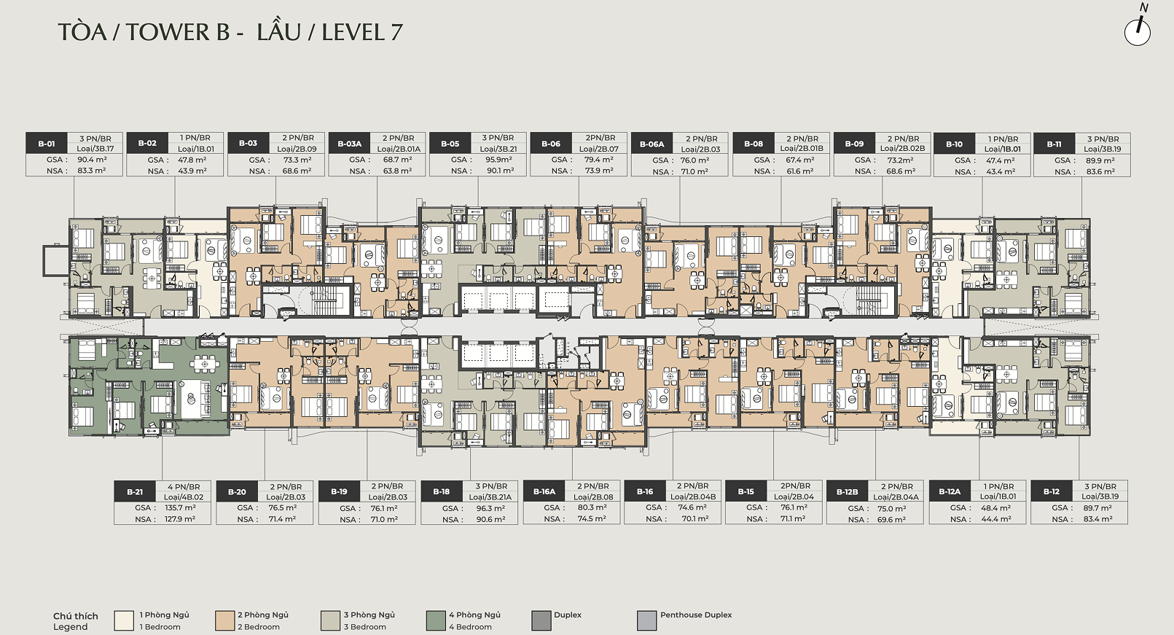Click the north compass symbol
point(1138,31)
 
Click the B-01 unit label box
point(47,144)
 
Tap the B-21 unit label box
point(135,492)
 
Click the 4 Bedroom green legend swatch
point(436,621)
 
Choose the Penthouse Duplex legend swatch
point(647,621)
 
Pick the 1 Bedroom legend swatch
point(124,621)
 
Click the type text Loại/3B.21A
point(490,496)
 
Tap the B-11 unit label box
point(1054,144)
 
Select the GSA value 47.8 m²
point(192,160)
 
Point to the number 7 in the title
point(396,33)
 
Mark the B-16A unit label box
point(544,492)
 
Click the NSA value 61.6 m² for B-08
point(799,171)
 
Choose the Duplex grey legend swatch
point(541,621)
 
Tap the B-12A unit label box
point(950,492)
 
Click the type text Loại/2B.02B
point(902,149)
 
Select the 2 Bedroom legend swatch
point(225,621)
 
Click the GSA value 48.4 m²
point(995,507)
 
